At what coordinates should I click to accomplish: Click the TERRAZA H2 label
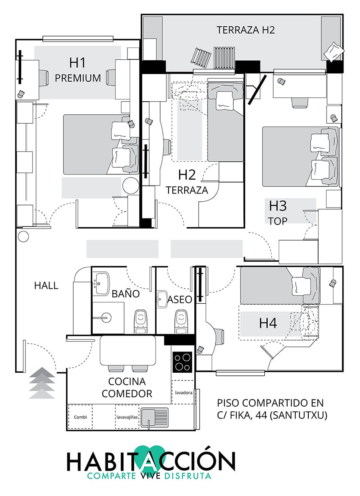[x=246, y=30]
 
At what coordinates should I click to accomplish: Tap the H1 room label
[x=78, y=63]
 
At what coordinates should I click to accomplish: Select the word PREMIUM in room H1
[x=78, y=78]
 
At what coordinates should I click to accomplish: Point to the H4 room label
[x=268, y=323]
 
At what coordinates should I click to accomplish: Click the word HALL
[x=46, y=285]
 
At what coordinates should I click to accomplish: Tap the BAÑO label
[x=126, y=294]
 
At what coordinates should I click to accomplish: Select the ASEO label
[x=180, y=299]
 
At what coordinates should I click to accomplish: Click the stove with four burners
[x=183, y=362]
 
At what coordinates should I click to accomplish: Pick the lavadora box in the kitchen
[x=183, y=392]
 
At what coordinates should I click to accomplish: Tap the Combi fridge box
[x=80, y=417]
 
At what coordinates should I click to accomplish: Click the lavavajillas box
[x=127, y=417]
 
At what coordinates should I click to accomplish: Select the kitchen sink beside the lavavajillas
[x=154, y=417]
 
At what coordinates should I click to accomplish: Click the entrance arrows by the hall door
[x=42, y=383]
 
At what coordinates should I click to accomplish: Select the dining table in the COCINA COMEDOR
[x=128, y=350]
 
